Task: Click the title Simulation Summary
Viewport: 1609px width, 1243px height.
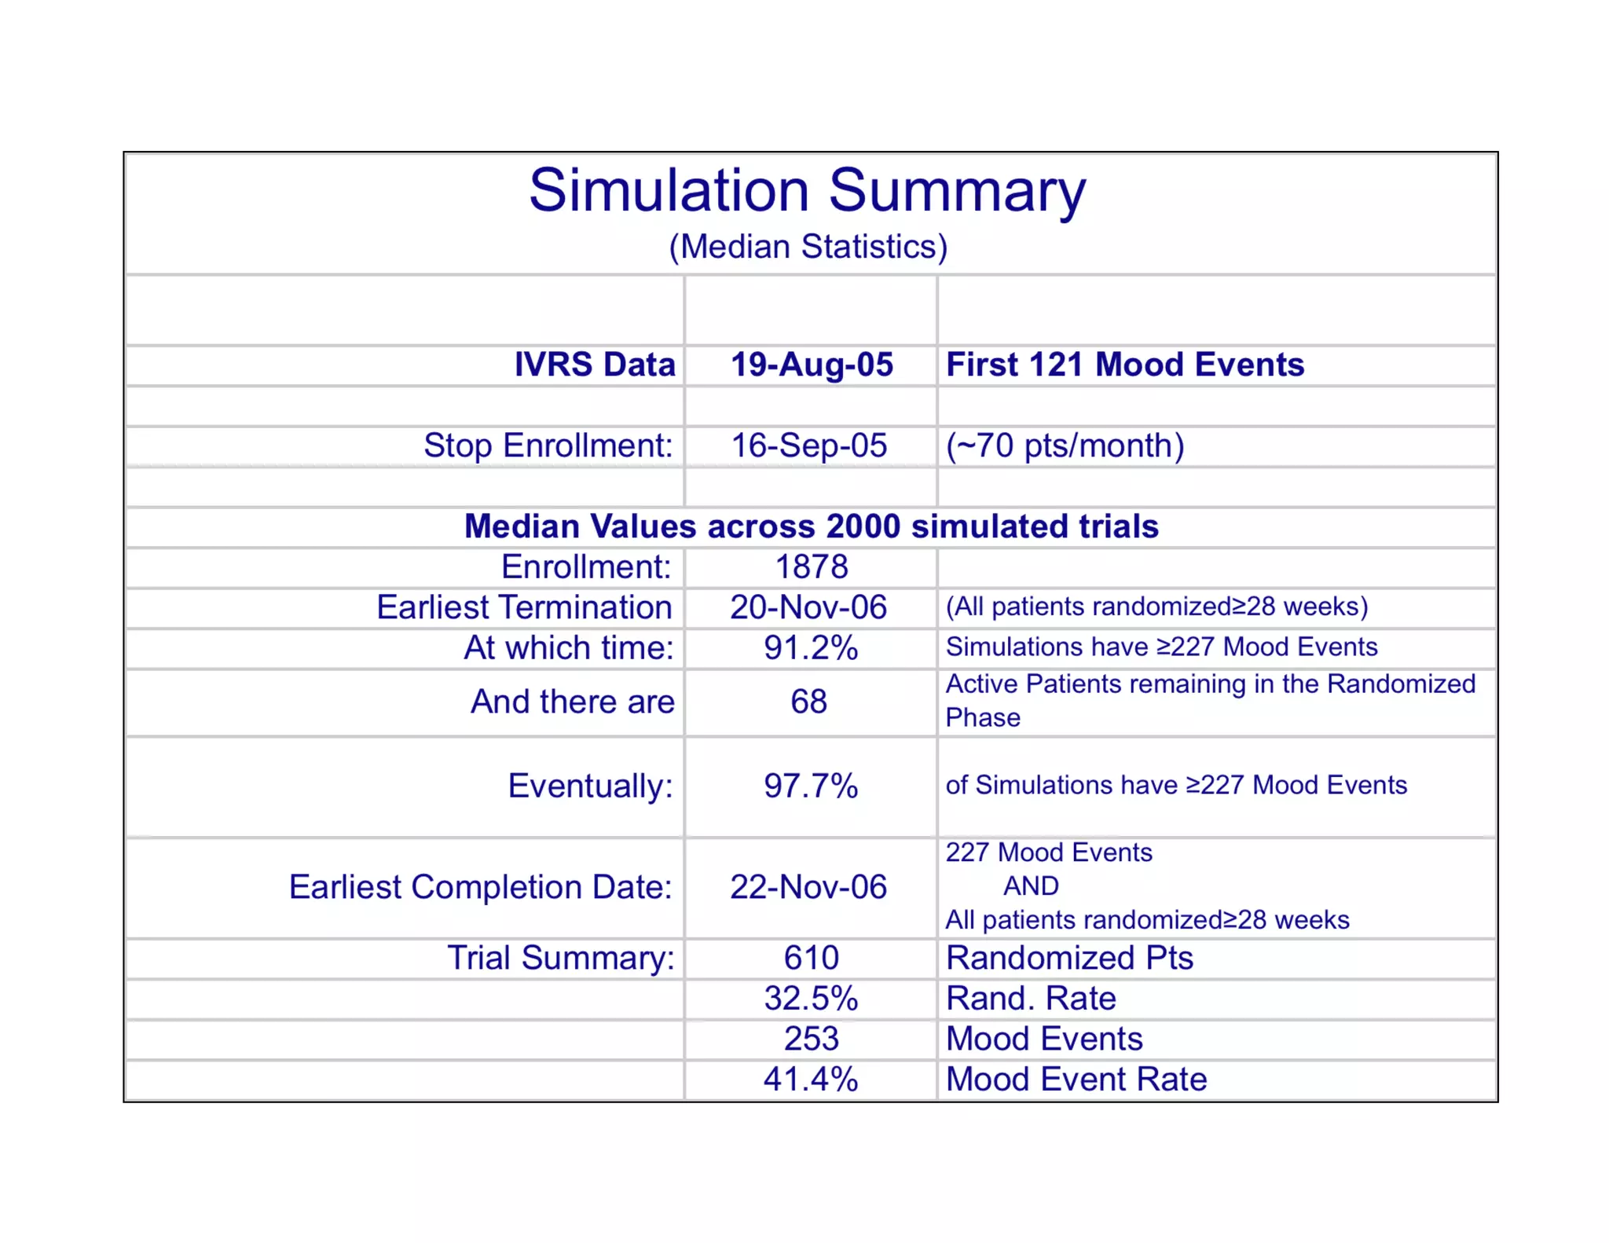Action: (x=807, y=191)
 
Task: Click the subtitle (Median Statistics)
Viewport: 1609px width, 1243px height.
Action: (x=808, y=247)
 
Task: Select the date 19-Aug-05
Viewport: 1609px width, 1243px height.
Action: (x=812, y=365)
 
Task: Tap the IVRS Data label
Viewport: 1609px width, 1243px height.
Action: (x=595, y=365)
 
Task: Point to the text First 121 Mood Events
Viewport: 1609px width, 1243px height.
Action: (x=1124, y=365)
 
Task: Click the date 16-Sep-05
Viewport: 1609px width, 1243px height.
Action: (x=809, y=445)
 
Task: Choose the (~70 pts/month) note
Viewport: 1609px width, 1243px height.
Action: (x=1065, y=445)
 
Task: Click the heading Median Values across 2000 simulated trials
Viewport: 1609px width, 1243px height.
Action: (x=811, y=526)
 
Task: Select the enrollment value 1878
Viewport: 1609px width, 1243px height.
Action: (x=812, y=567)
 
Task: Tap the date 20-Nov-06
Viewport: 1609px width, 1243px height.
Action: (x=808, y=607)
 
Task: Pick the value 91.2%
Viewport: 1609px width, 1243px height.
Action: (x=811, y=648)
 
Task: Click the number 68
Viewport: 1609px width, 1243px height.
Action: (x=808, y=702)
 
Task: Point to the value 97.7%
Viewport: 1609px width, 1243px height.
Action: (x=811, y=786)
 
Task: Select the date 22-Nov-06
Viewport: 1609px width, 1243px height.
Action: (x=808, y=887)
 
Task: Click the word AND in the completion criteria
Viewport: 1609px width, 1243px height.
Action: (x=1031, y=886)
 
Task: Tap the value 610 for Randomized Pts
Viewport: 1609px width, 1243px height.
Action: (x=812, y=958)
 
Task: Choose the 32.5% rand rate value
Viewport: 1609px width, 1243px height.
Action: (x=811, y=999)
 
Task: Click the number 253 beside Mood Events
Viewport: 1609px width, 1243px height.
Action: (x=812, y=1039)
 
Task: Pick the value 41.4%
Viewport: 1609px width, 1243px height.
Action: (x=811, y=1080)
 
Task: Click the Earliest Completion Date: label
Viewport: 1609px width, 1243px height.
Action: (x=481, y=887)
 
